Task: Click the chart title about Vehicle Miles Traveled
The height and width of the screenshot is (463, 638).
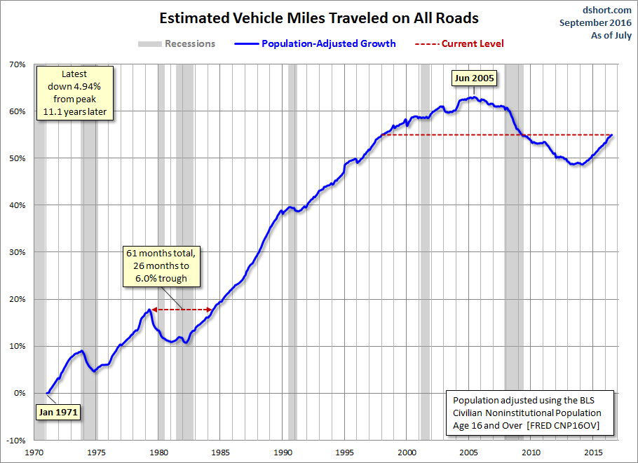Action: [318, 18]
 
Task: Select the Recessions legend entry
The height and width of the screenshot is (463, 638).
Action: [176, 44]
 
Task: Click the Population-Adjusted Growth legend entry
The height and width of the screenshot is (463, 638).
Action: [315, 44]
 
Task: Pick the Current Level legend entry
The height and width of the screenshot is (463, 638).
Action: [459, 44]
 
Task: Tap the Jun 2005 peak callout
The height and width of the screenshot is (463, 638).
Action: [474, 78]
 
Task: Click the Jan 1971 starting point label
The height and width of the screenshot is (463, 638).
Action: [58, 412]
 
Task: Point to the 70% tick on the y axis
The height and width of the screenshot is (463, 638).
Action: [18, 64]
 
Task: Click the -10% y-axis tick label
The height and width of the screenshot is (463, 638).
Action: [16, 441]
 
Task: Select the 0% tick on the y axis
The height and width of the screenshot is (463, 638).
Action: [20, 393]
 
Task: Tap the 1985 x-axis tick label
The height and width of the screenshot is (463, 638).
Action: [220, 452]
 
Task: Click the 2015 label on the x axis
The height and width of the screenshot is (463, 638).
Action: [593, 452]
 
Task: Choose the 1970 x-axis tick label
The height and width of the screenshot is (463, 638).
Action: [34, 452]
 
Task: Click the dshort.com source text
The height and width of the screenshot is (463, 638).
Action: [606, 11]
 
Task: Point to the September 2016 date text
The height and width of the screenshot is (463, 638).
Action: [595, 22]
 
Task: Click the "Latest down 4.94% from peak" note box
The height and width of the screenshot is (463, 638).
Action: [75, 93]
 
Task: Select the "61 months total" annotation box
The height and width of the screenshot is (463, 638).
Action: [161, 266]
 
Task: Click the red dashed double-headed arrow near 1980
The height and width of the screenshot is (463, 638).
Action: [182, 310]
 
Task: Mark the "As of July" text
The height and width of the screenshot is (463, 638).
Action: [611, 35]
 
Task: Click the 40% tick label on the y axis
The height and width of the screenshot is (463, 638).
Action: [18, 205]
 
